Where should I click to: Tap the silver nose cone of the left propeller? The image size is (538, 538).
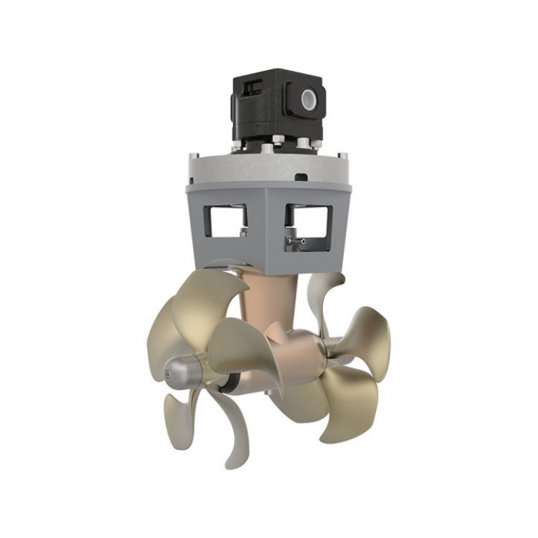click(176, 368)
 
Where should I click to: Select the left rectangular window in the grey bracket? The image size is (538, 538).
click(226, 220)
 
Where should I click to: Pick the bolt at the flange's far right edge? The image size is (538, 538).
click(346, 156)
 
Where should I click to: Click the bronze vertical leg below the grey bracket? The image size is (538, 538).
click(258, 299)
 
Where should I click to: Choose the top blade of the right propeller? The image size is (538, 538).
click(331, 295)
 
